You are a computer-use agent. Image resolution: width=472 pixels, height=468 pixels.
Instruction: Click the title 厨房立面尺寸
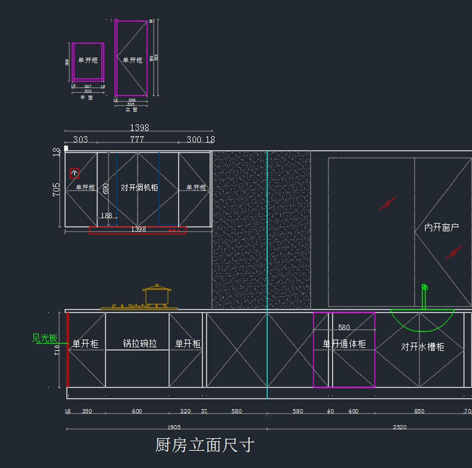pyautogui.click(x=205, y=445)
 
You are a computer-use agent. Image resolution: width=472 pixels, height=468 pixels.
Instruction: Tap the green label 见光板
pyautogui.click(x=44, y=338)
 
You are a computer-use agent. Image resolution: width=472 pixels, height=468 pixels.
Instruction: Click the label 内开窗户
pyautogui.click(x=441, y=228)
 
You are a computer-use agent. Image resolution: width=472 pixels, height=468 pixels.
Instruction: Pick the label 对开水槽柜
pyautogui.click(x=422, y=347)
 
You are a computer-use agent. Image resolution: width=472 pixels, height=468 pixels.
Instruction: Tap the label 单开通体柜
pyautogui.click(x=344, y=344)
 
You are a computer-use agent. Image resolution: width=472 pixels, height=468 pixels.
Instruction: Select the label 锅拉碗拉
pyautogui.click(x=140, y=344)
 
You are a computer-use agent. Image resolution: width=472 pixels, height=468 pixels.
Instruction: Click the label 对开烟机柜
pyautogui.click(x=139, y=188)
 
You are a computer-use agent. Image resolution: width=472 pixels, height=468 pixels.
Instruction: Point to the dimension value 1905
pyautogui.click(x=174, y=427)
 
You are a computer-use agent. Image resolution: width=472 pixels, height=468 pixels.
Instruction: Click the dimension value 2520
pyautogui.click(x=400, y=427)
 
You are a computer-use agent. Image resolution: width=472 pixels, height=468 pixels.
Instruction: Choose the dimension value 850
pyautogui.click(x=419, y=411)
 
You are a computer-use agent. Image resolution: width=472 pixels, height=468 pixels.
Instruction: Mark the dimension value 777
pyautogui.click(x=137, y=139)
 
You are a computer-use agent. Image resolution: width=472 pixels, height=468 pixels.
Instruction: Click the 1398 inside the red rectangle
pyautogui.click(x=138, y=229)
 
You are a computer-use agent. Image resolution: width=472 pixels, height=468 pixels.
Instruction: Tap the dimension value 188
pyautogui.click(x=107, y=216)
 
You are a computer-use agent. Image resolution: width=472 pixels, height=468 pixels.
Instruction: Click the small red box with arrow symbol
pyautogui.click(x=74, y=173)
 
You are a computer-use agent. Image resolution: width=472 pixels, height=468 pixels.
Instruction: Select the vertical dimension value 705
pyautogui.click(x=56, y=189)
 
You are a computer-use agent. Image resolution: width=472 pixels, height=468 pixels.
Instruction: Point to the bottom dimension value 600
pyautogui.click(x=137, y=411)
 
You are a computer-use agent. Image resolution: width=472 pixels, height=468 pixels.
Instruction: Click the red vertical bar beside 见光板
pyautogui.click(x=68, y=350)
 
